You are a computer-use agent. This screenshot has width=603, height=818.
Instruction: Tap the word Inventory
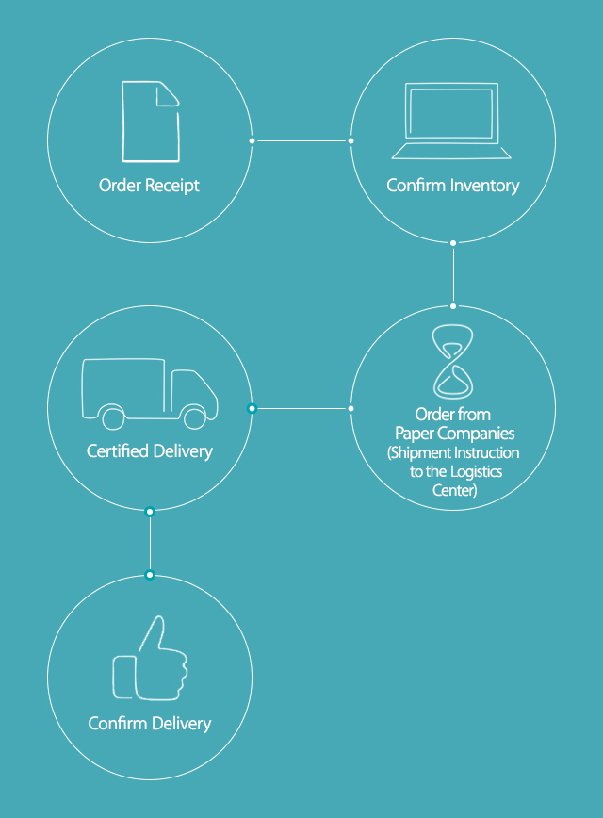pyautogui.click(x=484, y=186)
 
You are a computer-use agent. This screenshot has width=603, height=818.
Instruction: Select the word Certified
pyautogui.click(x=118, y=450)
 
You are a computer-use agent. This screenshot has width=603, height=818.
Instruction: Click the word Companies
pyautogui.click(x=474, y=433)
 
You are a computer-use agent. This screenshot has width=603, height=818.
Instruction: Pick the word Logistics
pyautogui.click(x=476, y=471)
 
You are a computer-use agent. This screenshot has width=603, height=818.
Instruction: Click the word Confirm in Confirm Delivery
pyautogui.click(x=118, y=723)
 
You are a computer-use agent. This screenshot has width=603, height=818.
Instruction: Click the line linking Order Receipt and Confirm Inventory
pyautogui.click(x=301, y=140)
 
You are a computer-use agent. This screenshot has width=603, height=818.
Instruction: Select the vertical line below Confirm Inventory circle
pyautogui.click(x=453, y=274)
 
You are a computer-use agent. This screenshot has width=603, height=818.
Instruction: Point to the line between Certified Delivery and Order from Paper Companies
pyautogui.click(x=301, y=408)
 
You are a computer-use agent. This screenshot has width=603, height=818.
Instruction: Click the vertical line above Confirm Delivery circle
pyautogui.click(x=150, y=543)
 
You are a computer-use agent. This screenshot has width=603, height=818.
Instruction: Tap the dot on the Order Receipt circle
pyautogui.click(x=252, y=140)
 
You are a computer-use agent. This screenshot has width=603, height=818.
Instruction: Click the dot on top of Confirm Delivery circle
pyautogui.click(x=150, y=575)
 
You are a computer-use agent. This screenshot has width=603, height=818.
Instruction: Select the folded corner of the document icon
pyautogui.click(x=168, y=95)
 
